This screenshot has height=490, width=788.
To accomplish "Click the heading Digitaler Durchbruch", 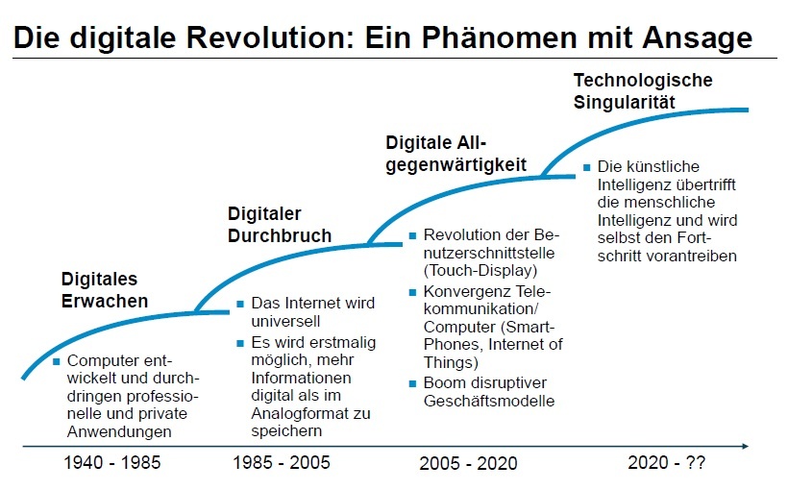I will click(x=280, y=224).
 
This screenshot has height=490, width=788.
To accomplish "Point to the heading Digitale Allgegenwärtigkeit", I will click(x=456, y=153).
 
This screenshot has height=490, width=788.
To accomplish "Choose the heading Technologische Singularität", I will click(x=643, y=90).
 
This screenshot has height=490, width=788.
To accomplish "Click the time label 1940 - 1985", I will click(x=112, y=462).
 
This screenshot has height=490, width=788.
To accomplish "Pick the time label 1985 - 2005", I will click(x=281, y=462).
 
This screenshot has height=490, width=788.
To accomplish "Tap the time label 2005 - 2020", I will click(x=468, y=463).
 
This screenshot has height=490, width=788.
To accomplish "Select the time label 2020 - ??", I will click(x=667, y=462).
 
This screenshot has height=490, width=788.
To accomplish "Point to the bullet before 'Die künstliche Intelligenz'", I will click(x=586, y=167).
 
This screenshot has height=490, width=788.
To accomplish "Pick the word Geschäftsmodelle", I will click(x=488, y=401).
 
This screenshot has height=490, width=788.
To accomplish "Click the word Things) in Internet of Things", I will click(x=450, y=362).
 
